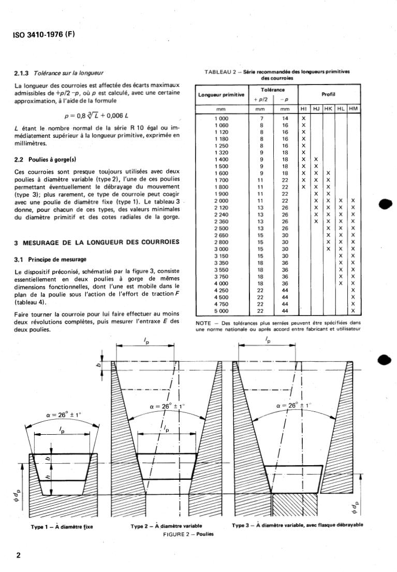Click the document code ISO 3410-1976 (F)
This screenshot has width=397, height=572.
pyautogui.click(x=42, y=35)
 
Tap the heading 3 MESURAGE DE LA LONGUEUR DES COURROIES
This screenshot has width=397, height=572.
pyautogui.click(x=97, y=242)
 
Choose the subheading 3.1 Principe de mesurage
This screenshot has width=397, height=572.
pyautogui.click(x=51, y=259)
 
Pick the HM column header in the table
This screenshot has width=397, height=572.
pyautogui.click(x=354, y=110)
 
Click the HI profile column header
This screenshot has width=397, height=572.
pyautogui.click(x=304, y=110)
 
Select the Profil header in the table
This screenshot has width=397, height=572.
pyautogui.click(x=329, y=94)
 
